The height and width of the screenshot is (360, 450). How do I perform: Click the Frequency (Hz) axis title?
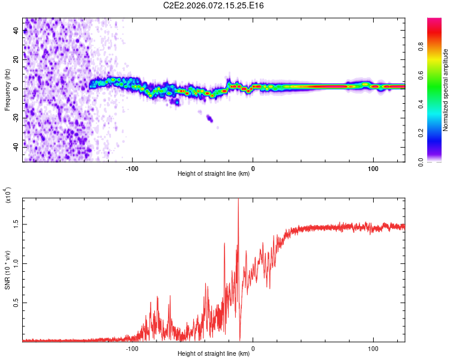pos(7,89)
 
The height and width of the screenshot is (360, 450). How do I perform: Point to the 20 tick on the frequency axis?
pos(16,59)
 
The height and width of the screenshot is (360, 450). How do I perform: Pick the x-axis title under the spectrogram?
pos(214,174)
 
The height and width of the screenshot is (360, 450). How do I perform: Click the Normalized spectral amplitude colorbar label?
pos(446,89)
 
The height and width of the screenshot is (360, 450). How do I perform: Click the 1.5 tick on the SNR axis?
pos(16,224)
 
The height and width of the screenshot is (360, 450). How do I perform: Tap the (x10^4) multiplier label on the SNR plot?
pos(8,196)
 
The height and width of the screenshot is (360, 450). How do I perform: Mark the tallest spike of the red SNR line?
pos(238,200)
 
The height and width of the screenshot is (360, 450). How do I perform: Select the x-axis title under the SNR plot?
pos(214,354)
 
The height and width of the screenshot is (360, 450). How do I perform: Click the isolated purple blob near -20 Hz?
pos(209,118)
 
